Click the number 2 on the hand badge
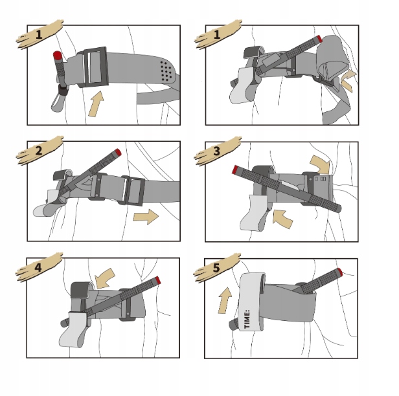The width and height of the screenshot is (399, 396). coord(39,151)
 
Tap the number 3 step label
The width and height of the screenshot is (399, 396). coord(216,151)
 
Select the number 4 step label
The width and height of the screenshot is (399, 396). coord(38,268)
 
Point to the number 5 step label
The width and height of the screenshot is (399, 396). coord(216,268)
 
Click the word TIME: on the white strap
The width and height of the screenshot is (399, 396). coord(247,319)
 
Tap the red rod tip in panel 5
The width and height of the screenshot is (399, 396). coord(339,272)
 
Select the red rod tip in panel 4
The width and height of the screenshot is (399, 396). coord(158,280)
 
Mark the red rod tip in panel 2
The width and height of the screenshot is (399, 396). coord(118,152)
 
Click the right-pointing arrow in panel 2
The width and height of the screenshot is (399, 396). coord(146,217)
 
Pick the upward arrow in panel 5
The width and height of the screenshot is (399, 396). coord(225,300)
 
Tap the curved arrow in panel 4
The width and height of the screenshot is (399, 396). coord(104,278)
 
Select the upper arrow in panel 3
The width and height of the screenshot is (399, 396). coord(321,164)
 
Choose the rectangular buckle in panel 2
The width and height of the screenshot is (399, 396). coord(133,190)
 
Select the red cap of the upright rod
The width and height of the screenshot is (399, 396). coord(58,55)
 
